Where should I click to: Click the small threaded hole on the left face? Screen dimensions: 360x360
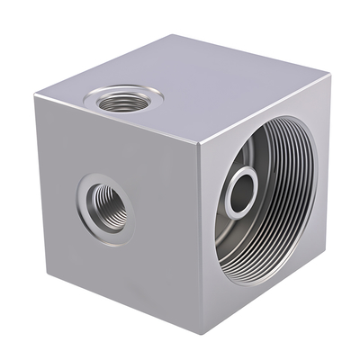[x=106, y=204]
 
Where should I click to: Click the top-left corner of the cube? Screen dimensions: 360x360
[x=39, y=93]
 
